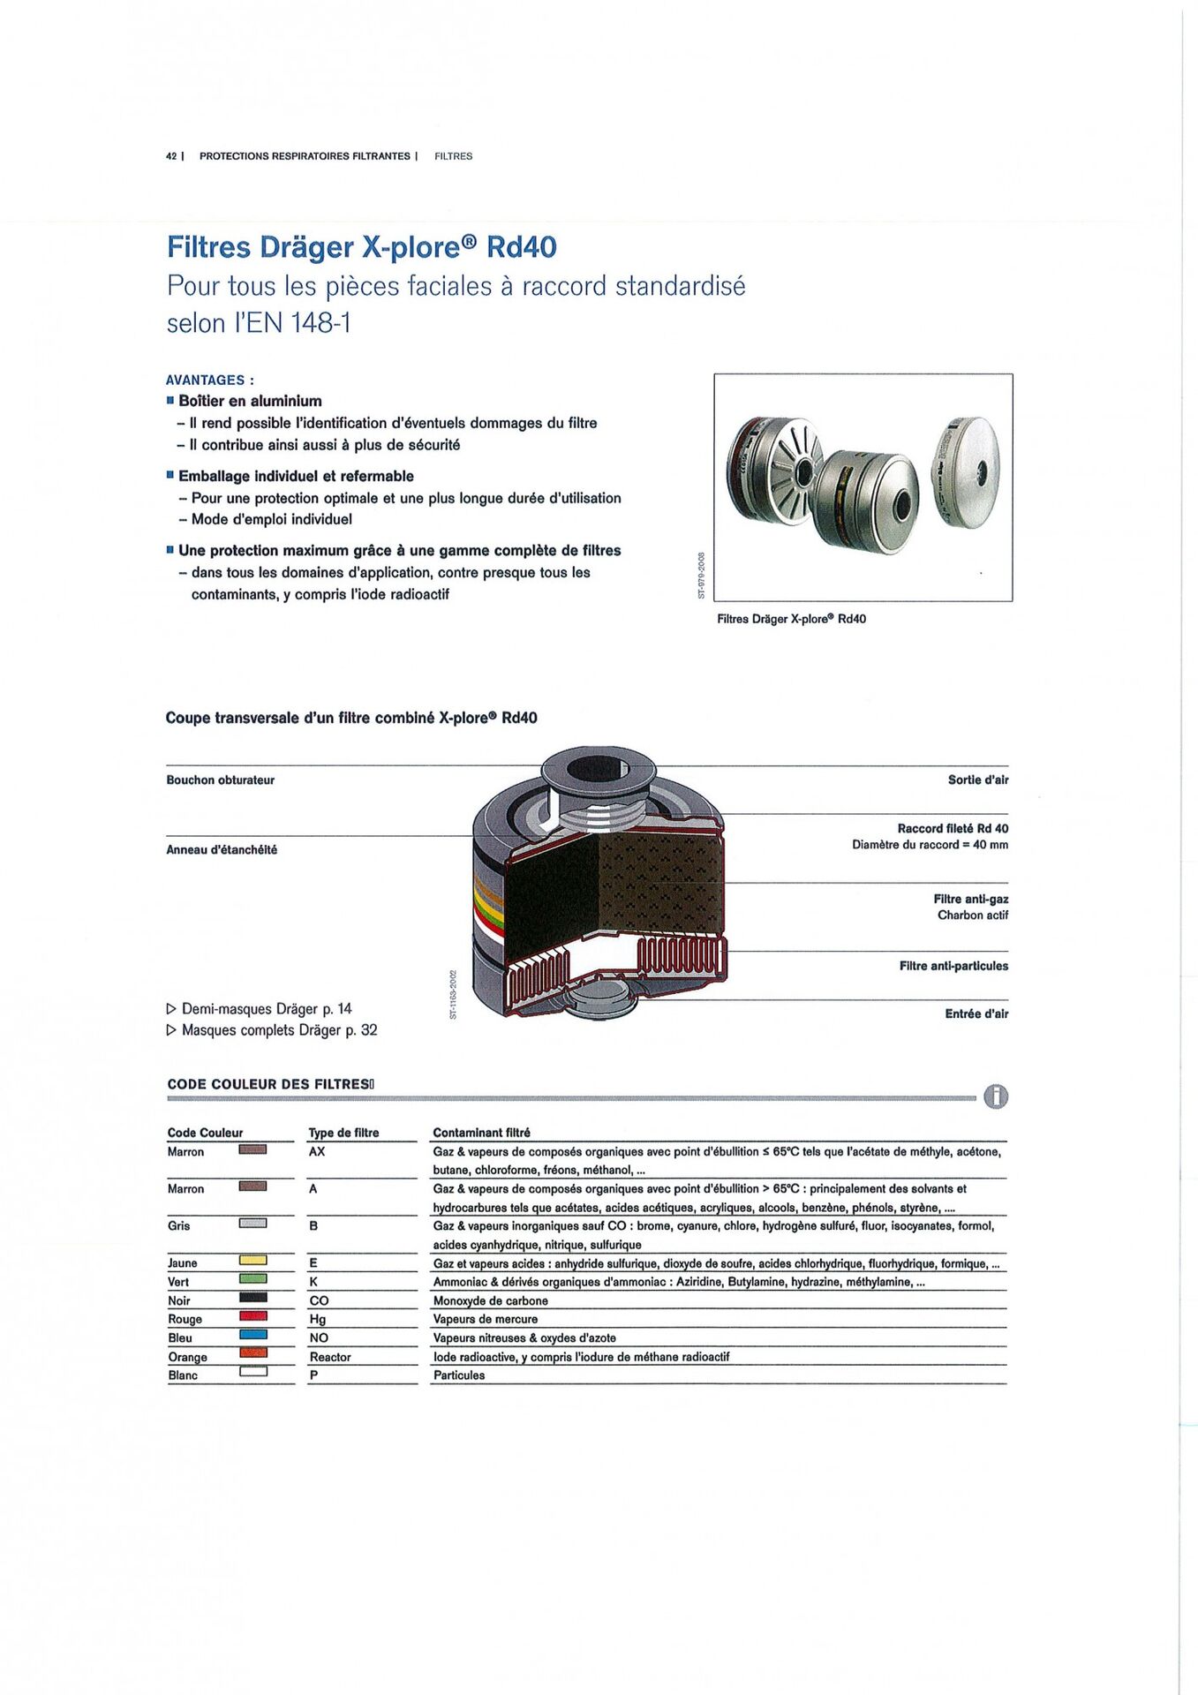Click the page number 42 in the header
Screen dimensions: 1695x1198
click(x=170, y=156)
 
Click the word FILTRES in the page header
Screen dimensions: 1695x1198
click(x=453, y=156)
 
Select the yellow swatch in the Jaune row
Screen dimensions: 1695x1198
click(x=252, y=1261)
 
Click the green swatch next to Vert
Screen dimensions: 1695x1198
click(x=252, y=1279)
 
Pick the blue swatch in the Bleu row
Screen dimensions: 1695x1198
click(x=252, y=1335)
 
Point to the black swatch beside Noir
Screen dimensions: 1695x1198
click(x=252, y=1298)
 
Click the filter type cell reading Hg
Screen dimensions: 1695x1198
click(x=318, y=1319)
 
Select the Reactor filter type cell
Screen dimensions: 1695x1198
click(x=330, y=1357)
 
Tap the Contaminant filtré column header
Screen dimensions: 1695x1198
click(x=481, y=1133)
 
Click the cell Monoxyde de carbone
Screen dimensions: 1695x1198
click(x=490, y=1300)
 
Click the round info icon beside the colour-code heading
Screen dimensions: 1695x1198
click(x=995, y=1096)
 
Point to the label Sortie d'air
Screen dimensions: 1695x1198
click(x=977, y=780)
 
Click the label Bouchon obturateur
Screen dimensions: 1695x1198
click(x=220, y=780)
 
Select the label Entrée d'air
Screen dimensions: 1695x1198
click(x=976, y=1013)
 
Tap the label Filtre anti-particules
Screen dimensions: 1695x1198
click(x=953, y=966)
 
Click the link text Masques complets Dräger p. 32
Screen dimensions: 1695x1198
click(x=279, y=1030)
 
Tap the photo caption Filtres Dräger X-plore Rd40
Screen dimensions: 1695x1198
click(x=791, y=619)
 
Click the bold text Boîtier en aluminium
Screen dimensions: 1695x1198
click(x=250, y=401)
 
